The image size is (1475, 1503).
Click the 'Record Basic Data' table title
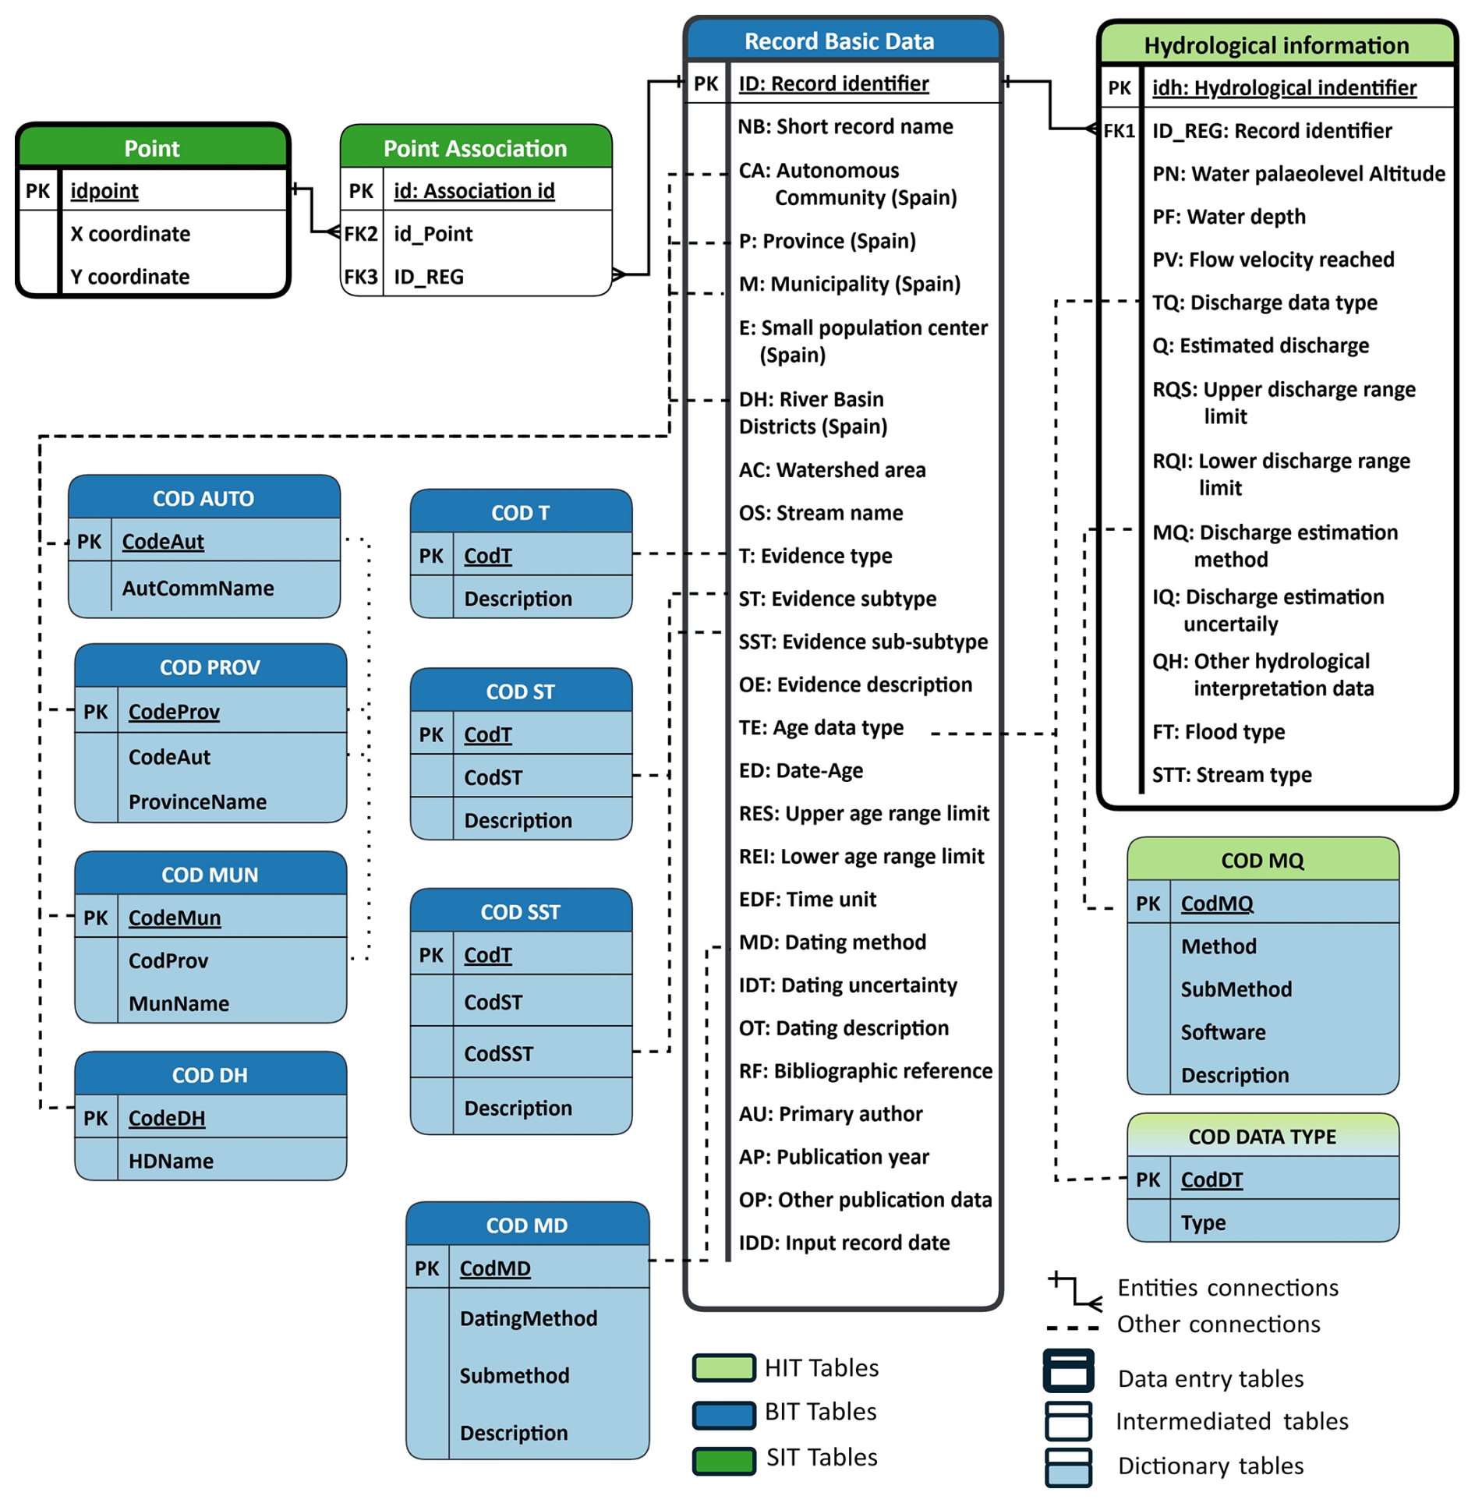(839, 41)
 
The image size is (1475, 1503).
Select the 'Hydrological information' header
(1275, 45)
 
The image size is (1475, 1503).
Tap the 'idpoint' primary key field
(104, 191)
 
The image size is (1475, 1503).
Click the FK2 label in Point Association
(361, 234)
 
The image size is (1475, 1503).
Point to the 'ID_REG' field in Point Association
(428, 277)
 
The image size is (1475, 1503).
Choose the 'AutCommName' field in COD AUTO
(197, 588)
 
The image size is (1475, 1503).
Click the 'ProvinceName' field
(197, 801)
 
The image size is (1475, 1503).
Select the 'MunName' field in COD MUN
(179, 1003)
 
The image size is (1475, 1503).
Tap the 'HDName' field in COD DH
(171, 1161)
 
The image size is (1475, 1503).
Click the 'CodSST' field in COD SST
(498, 1053)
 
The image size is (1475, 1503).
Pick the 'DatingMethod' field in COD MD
(528, 1318)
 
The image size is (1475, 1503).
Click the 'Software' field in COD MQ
(1222, 1032)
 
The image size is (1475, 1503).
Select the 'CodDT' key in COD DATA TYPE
(1211, 1179)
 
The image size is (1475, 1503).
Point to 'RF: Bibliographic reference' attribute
(865, 1071)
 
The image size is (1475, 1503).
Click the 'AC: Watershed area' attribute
(832, 470)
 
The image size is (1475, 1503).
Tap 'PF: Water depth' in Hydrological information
(1228, 217)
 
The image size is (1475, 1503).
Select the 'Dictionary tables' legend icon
(1067, 1466)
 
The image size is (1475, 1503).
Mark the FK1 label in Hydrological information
(1118, 131)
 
